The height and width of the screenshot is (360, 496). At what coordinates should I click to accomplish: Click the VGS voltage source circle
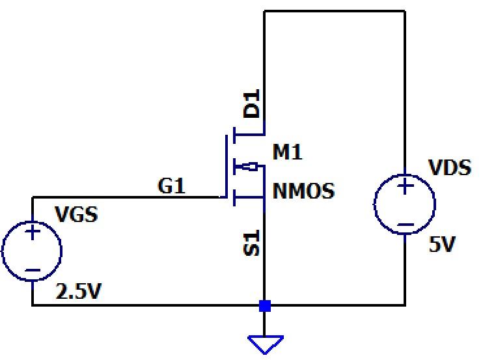pos(32,251)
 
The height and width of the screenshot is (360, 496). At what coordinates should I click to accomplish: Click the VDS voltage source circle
pos(404,204)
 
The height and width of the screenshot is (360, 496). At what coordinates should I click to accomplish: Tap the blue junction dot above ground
pos(264,305)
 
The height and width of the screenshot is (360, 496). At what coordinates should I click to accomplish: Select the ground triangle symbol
pos(264,344)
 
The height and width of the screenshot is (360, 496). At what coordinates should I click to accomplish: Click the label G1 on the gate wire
pos(172,186)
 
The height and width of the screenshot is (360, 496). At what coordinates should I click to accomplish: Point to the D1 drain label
pos(251,104)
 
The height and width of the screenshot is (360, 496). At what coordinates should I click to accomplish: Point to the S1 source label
pos(251,243)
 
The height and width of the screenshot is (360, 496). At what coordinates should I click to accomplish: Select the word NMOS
pos(303,191)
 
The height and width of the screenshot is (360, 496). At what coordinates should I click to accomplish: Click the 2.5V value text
pos(79,292)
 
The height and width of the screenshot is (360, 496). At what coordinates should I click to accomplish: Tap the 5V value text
pos(443,245)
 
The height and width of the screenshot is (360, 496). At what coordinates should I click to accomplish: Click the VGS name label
pos(76,214)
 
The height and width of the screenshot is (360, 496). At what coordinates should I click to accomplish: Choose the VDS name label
pos(450,168)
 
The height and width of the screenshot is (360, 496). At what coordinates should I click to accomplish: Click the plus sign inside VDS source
pos(405,187)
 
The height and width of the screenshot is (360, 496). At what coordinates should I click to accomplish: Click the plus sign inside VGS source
pos(33,232)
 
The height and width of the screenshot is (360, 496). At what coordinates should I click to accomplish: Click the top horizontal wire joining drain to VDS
pos(335,11)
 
